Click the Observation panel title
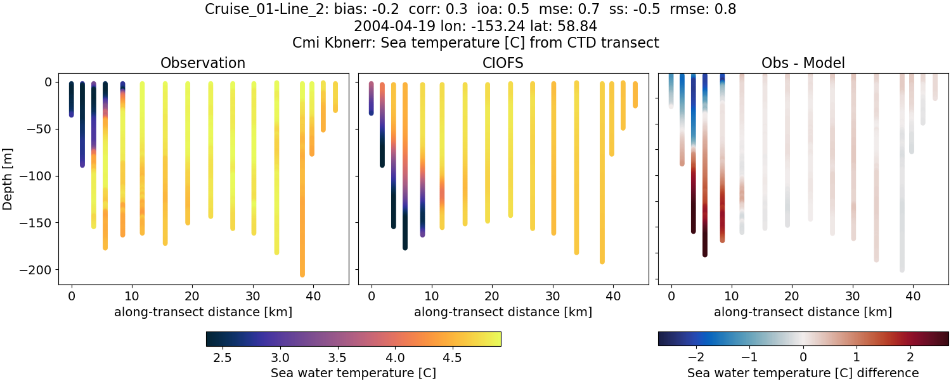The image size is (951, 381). (x=203, y=63)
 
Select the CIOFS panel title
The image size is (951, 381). (x=503, y=63)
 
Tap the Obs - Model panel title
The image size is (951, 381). (x=803, y=63)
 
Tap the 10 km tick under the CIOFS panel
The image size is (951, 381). (x=432, y=297)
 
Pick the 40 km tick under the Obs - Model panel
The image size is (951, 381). (x=913, y=297)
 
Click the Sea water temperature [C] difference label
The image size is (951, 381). (x=803, y=373)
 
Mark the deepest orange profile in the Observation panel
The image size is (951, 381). (x=302, y=190)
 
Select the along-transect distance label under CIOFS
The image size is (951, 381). (x=503, y=312)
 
